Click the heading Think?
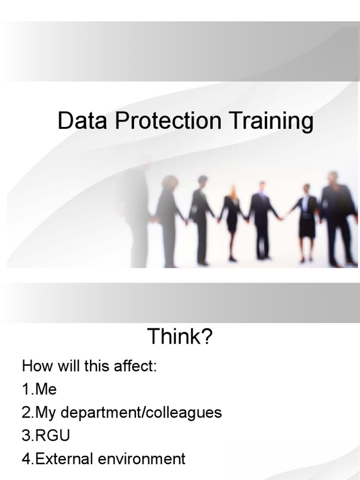(x=180, y=337)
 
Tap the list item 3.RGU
(x=46, y=436)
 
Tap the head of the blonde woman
(x=232, y=190)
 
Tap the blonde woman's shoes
(x=232, y=258)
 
